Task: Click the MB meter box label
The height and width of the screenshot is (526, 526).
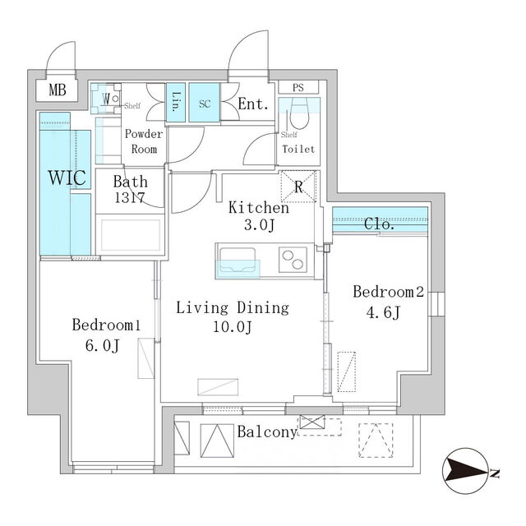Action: pos(58,90)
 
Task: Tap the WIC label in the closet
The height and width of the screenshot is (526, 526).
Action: pos(67,178)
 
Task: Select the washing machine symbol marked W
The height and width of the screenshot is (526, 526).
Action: pos(106,99)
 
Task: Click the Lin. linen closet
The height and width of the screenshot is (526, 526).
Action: pos(176,102)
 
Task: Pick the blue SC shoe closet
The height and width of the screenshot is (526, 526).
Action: pos(205,102)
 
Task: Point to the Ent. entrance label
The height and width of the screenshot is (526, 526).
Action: pos(253,104)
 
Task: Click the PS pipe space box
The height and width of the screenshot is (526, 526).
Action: pos(298,88)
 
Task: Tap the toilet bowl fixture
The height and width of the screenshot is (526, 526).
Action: pos(298,114)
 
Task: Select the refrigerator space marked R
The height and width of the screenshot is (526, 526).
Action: pos(298,187)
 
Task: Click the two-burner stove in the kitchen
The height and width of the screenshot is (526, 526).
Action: pos(293,260)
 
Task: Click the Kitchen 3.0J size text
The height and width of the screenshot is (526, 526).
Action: pos(260,224)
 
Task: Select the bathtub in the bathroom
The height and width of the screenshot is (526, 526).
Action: pos(131,235)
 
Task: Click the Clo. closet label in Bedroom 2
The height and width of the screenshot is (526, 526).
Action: pos(379,224)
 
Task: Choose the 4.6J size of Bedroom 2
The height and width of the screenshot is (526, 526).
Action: pos(383,313)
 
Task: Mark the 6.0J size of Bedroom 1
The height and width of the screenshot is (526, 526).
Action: pos(102,346)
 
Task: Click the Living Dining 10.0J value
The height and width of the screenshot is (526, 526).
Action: pos(233,327)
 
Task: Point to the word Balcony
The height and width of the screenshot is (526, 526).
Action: pos(267,432)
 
